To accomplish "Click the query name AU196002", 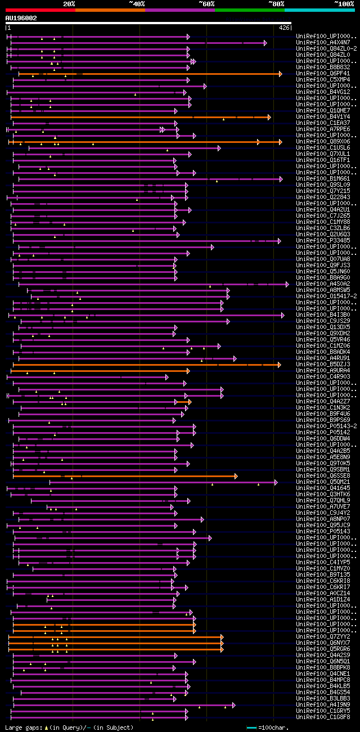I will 21,18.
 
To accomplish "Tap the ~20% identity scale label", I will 69,3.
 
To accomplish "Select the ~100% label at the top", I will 344,3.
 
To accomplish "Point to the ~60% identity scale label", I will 206,3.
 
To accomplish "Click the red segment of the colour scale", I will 40,10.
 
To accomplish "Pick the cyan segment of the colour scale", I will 319,10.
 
